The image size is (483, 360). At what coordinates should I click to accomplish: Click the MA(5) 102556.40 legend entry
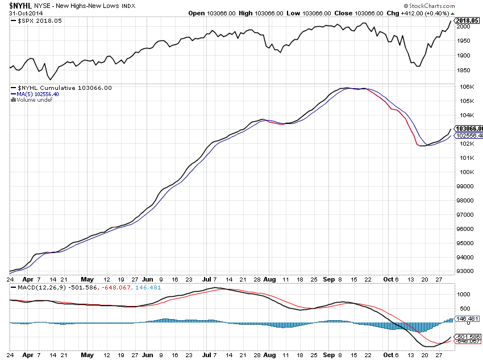pos(38,94)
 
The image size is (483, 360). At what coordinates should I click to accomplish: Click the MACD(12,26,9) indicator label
pos(36,287)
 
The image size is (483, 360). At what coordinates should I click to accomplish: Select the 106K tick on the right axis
pos(467,86)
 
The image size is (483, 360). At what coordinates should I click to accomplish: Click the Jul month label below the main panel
pos(207,280)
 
